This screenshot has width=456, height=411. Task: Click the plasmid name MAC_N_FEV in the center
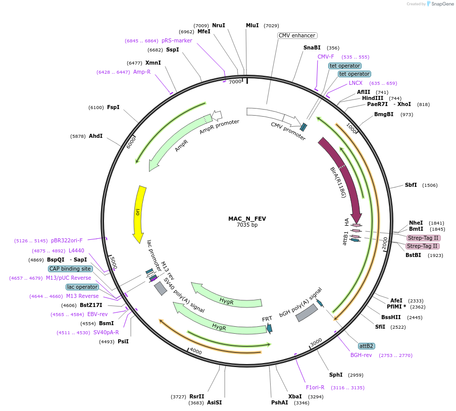point(247,219)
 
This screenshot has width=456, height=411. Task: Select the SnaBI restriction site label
point(312,47)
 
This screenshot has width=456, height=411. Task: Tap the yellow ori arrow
point(139,212)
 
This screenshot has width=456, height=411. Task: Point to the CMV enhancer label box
point(297,35)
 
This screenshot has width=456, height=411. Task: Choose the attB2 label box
point(366,346)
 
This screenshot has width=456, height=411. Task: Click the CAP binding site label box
point(70,269)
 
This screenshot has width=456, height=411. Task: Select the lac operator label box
point(82,287)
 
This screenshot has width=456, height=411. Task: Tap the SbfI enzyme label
point(411,185)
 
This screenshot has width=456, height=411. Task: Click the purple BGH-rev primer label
point(361,355)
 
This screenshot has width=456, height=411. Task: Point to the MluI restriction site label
point(252,25)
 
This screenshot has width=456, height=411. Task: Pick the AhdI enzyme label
point(95,136)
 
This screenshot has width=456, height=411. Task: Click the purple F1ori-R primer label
point(315,387)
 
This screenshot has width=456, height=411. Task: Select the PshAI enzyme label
point(279,402)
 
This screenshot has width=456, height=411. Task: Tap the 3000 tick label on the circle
point(316,342)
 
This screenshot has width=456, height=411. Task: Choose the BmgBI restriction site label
point(384,115)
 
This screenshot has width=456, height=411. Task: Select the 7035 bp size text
point(247,225)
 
